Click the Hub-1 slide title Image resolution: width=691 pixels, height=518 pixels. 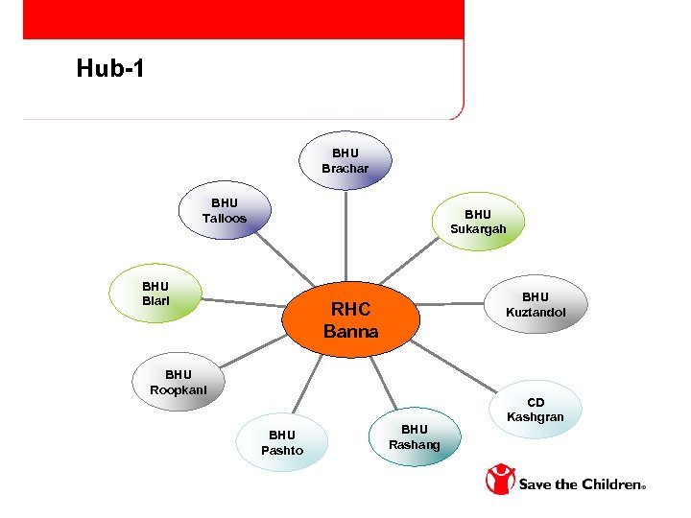click(x=110, y=69)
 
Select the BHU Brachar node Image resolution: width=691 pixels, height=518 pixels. click(x=345, y=161)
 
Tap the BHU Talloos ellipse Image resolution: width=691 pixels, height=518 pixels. click(x=225, y=211)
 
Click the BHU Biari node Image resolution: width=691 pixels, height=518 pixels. click(x=155, y=293)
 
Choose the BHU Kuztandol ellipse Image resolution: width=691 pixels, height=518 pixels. click(x=536, y=305)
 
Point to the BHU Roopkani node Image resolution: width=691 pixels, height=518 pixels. click(x=179, y=382)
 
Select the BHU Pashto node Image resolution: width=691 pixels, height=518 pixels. click(x=282, y=442)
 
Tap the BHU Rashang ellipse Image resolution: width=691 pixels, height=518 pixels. click(x=414, y=436)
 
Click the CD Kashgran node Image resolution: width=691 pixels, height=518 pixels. click(x=536, y=410)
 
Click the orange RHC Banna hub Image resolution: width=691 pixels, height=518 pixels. click(x=351, y=320)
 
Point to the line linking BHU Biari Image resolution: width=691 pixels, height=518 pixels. click(x=245, y=303)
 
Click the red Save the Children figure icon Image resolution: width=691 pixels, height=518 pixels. click(x=500, y=480)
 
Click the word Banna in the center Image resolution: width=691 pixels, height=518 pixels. click(x=351, y=332)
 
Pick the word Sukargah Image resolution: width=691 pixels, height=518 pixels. click(x=478, y=229)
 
